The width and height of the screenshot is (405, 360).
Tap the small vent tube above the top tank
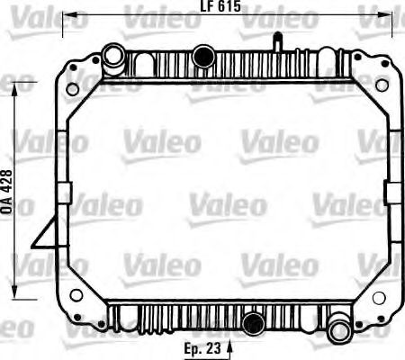278,40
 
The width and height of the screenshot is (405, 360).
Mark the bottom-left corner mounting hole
76,294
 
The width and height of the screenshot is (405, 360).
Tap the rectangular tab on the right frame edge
392,192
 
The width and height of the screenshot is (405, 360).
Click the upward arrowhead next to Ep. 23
233,343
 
